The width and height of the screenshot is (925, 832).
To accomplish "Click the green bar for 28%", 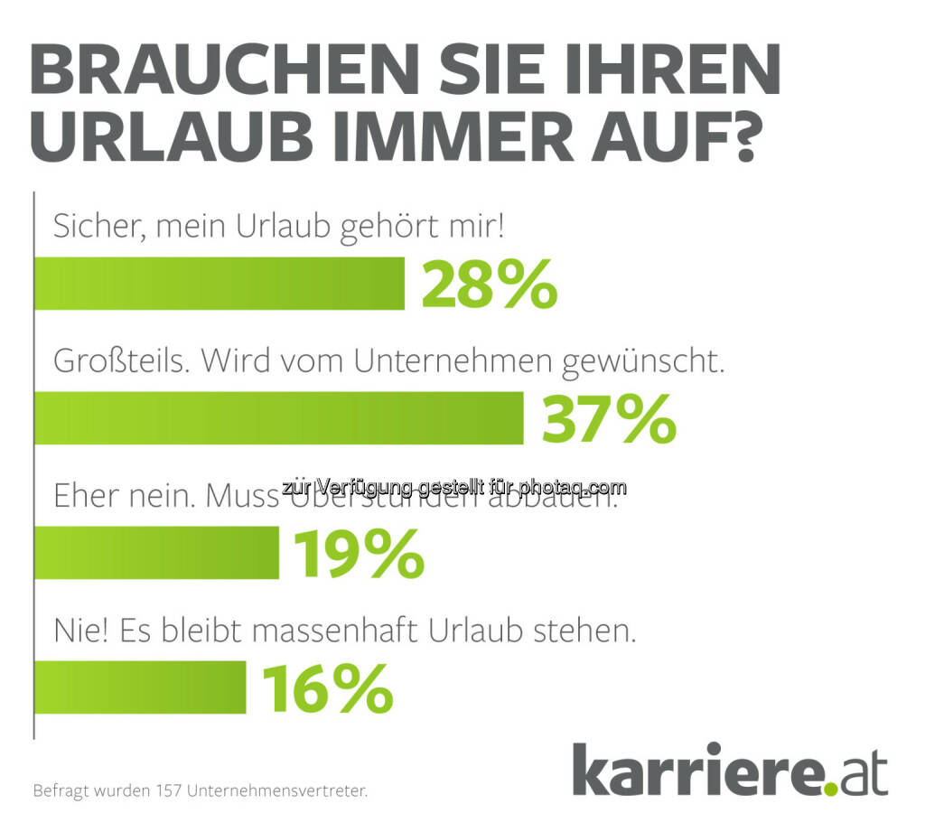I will tap(219, 283).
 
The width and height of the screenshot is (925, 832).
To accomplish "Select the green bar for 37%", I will tap(278, 417).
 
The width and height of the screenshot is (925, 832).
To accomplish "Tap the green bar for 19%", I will tap(156, 553).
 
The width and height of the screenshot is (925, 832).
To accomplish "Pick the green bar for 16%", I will tap(140, 687).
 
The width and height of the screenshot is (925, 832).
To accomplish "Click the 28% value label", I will tap(489, 285).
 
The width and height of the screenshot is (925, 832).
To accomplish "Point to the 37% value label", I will tap(609, 419).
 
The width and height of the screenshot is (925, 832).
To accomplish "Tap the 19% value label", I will tap(359, 554).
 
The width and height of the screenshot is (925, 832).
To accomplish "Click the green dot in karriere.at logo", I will tap(831, 788).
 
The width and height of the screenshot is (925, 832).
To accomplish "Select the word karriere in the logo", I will tap(696, 772).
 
